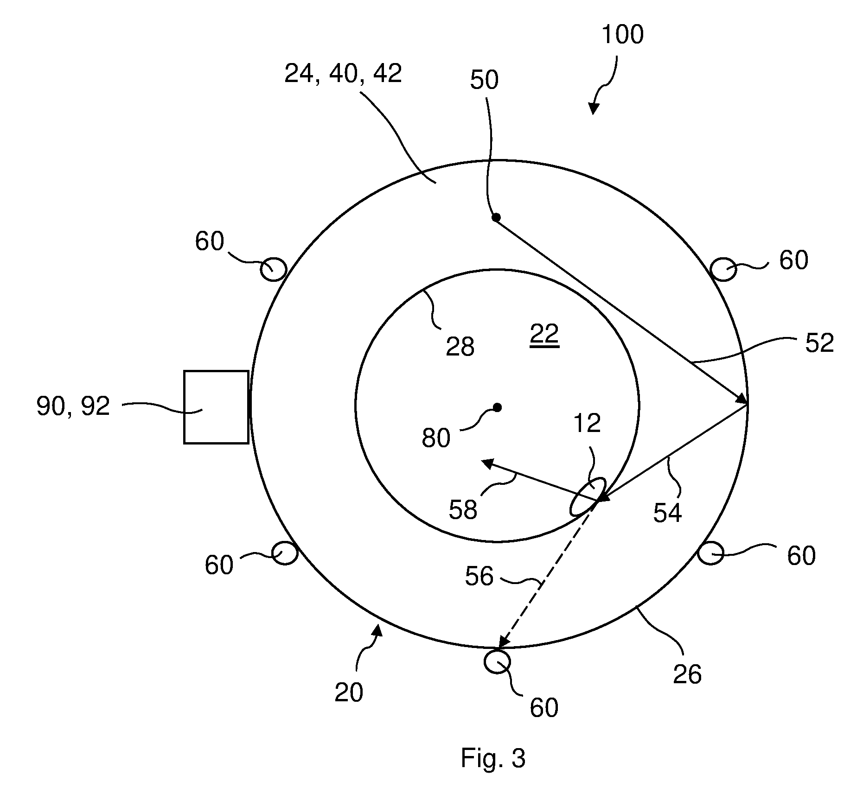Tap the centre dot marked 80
point(497,407)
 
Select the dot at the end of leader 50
point(496,217)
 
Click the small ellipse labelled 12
point(587,496)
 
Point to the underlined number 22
point(544,334)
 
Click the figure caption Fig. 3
point(493,758)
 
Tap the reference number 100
point(622,35)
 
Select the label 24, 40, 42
point(343,73)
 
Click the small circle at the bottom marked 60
point(497,662)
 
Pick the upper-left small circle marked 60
point(273,268)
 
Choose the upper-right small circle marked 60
point(723,269)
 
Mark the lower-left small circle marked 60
point(284,553)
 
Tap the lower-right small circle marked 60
point(710,553)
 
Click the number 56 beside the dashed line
point(479,576)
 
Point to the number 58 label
point(463,509)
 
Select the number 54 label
point(668,513)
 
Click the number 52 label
point(820,343)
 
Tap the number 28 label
point(460,347)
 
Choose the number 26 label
point(687,674)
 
